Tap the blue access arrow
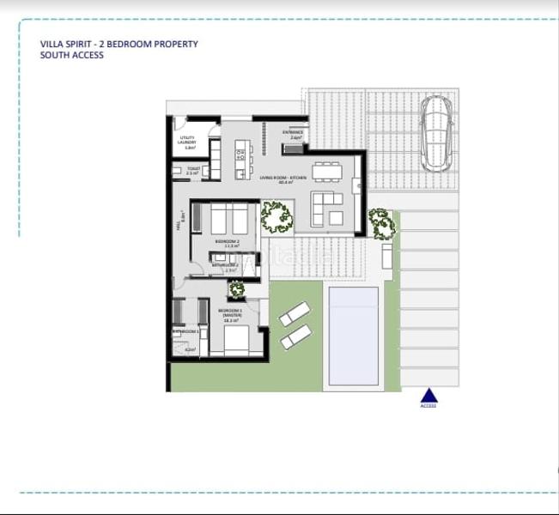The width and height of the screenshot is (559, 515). [x=429, y=396]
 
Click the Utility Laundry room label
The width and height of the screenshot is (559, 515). [x=188, y=143]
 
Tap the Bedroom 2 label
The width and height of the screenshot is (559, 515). [x=227, y=244]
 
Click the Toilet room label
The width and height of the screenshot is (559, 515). [x=192, y=170]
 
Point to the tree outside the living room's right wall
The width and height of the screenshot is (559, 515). [x=380, y=222]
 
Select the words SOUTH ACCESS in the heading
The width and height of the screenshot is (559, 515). [x=72, y=55]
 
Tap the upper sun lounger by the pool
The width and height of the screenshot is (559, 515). [x=295, y=313]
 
